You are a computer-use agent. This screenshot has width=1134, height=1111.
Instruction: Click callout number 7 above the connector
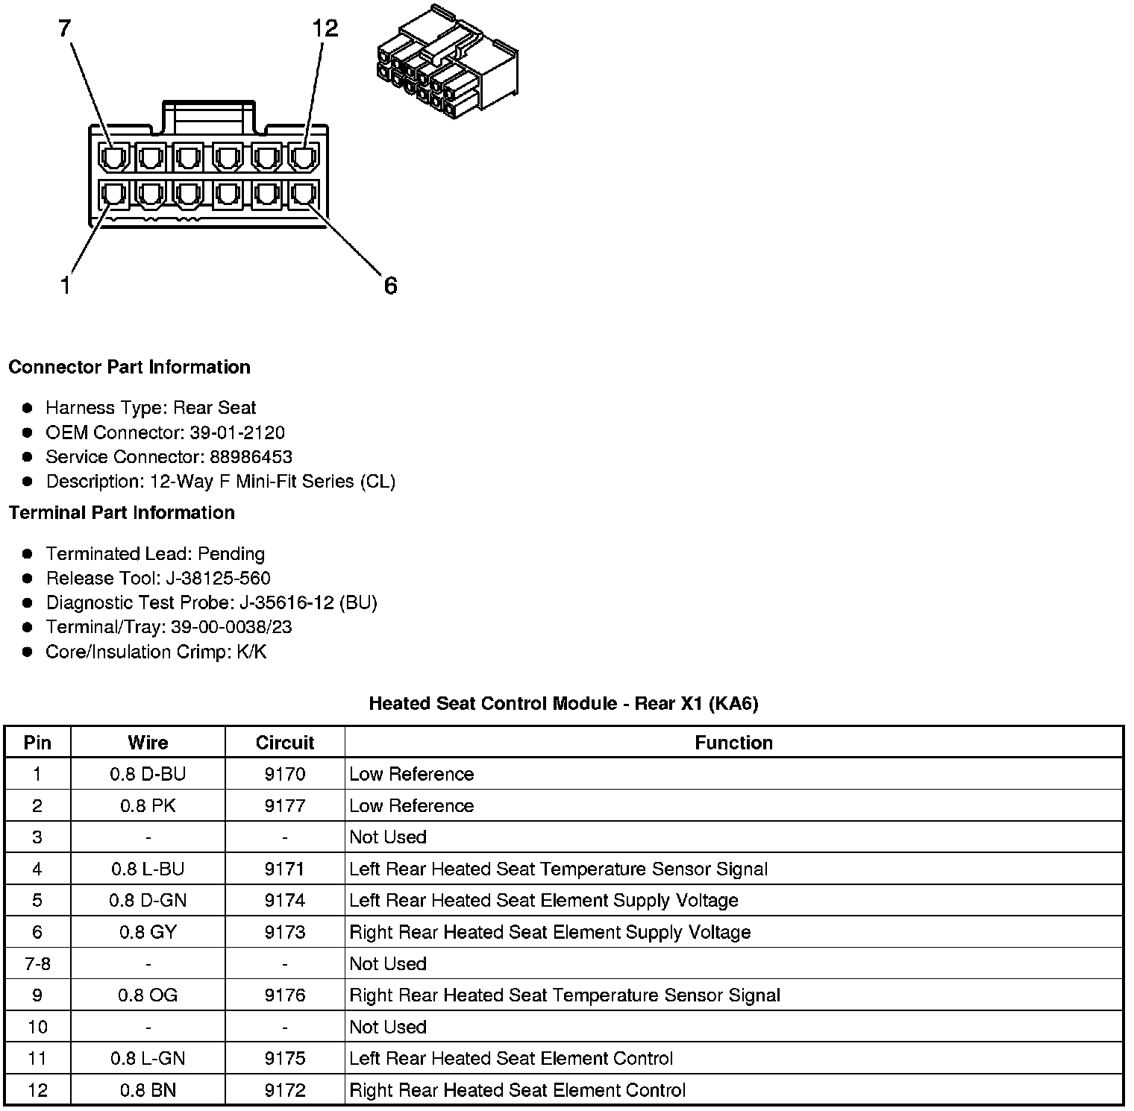coord(65,28)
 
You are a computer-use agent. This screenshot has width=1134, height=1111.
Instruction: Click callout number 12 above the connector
coord(325,28)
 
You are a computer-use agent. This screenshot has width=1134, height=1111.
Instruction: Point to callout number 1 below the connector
coord(66,286)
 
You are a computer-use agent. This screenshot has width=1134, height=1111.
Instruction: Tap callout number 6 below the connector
coord(390,286)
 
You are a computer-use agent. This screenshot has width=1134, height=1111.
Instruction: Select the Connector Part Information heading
coord(129,367)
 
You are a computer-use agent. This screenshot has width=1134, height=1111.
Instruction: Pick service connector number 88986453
coord(251,457)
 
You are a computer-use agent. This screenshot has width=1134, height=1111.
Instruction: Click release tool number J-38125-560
coord(218,579)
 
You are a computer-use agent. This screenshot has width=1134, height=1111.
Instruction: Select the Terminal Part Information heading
coord(122,512)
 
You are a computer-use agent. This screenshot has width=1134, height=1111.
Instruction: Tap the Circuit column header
coord(284,743)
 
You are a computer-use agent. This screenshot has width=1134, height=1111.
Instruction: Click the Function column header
coord(733,743)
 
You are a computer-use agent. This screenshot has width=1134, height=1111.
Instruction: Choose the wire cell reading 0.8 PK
coord(148,806)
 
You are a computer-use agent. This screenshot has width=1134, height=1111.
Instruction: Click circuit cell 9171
coord(284,869)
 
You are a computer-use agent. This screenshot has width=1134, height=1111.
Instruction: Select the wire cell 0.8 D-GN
coord(148,901)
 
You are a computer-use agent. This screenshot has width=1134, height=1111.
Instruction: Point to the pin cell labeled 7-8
coord(37,963)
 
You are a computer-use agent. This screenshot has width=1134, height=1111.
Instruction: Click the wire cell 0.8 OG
coord(148,995)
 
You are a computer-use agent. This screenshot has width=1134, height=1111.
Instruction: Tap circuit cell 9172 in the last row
coord(284,1090)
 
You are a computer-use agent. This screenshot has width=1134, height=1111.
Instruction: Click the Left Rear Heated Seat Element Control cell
coord(511,1059)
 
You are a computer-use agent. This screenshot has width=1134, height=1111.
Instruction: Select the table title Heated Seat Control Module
coord(563,703)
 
